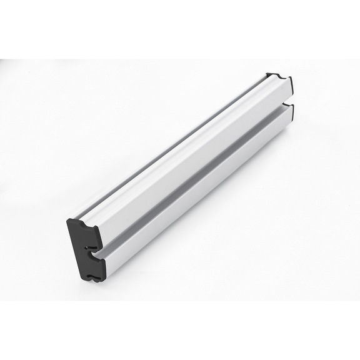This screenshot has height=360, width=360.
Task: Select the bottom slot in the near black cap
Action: coord(92,276)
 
